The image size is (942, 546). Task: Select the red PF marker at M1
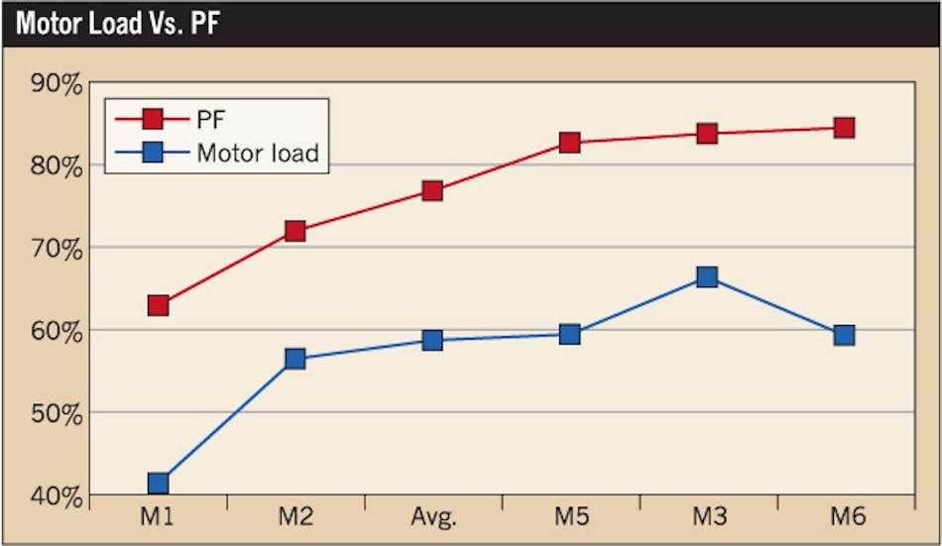[x=158, y=305]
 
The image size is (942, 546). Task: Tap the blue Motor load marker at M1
[x=158, y=484]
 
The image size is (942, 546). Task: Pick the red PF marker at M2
[x=294, y=231]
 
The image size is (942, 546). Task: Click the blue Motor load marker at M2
[x=294, y=359]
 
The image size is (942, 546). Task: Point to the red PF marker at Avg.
[x=432, y=190]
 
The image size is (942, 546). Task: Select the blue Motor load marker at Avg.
[x=432, y=340]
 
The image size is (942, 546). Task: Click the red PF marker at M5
[x=569, y=143]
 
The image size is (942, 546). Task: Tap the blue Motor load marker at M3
[x=707, y=277]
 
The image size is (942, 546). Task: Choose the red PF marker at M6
[x=844, y=127]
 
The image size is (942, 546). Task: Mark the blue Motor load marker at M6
[x=844, y=335]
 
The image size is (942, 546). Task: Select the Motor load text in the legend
[x=257, y=153]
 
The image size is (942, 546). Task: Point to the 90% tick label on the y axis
[x=56, y=84]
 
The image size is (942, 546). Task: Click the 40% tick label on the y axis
[x=56, y=495]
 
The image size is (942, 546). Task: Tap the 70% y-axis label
[x=56, y=249]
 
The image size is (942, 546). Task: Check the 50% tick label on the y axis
[x=56, y=413]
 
